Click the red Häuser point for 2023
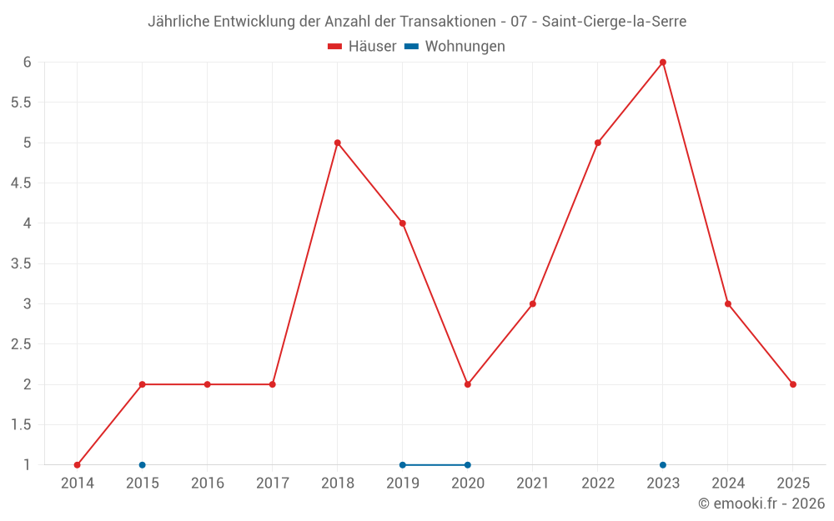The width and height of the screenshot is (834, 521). [663, 63]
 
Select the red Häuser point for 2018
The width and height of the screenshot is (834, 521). [338, 143]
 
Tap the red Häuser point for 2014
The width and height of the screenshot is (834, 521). [78, 465]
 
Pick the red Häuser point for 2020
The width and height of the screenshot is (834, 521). [468, 384]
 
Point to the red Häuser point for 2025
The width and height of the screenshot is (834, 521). [793, 384]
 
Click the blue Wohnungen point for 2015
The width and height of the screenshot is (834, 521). [143, 465]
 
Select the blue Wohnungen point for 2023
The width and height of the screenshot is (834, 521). [663, 465]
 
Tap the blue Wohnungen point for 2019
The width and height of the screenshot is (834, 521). [403, 465]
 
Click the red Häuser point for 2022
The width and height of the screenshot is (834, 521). [598, 143]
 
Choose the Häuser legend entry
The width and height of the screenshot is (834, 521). [362, 47]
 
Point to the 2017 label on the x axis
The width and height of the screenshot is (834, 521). [273, 483]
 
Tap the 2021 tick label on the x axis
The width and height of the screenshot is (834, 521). [533, 483]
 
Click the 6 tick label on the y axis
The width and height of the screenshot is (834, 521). [28, 63]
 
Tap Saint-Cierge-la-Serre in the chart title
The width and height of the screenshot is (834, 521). [614, 22]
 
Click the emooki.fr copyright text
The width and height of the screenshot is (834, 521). [761, 503]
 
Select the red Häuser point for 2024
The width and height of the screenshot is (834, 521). [728, 304]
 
